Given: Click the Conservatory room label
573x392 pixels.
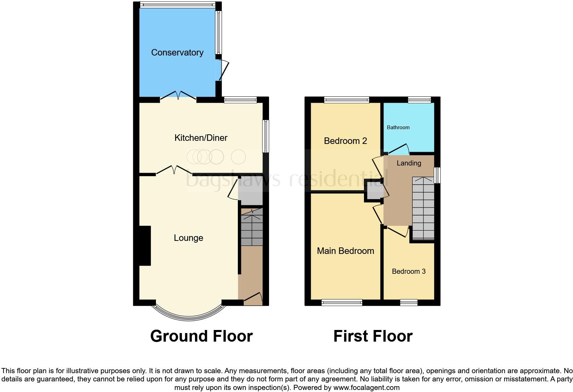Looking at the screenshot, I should click(x=177, y=52).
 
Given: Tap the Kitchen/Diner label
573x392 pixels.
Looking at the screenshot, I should click(x=201, y=138).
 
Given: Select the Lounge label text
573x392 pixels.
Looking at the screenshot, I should click(x=188, y=238).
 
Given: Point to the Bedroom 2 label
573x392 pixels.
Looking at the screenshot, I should click(x=345, y=141).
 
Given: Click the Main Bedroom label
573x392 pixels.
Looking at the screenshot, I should click(x=345, y=251).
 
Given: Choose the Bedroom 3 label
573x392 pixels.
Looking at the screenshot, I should click(x=409, y=271).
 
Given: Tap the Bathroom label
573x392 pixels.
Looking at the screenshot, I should click(x=398, y=127).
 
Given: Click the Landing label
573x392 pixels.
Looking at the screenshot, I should click(x=409, y=163).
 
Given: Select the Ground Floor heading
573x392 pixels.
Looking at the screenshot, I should click(x=202, y=336).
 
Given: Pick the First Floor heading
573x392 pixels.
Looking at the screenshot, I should click(x=373, y=336).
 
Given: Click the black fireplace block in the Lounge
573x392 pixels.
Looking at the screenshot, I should click(x=145, y=246).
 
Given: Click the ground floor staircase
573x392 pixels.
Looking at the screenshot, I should click(x=252, y=230).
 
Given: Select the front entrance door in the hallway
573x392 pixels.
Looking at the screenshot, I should click(x=254, y=297).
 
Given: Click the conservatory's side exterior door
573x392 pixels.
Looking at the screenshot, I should click(x=223, y=70).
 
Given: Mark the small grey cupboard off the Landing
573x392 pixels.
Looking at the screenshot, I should click(x=373, y=191).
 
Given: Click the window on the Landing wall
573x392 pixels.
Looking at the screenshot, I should click(x=438, y=175).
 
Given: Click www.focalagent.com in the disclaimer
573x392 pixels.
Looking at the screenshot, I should click(x=366, y=388).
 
